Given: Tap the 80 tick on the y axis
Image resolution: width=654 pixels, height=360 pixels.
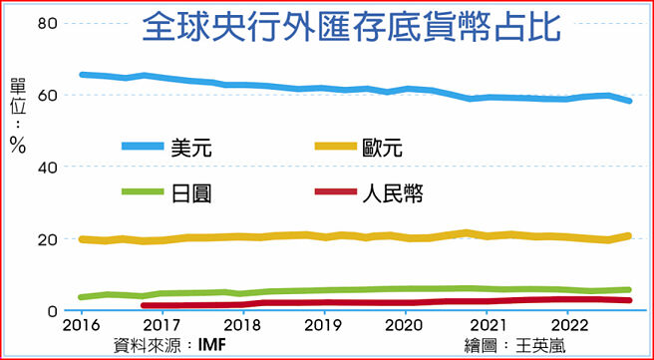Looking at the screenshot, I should click(47, 23).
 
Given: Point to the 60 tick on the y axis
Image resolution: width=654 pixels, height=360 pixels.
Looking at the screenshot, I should click(47, 95).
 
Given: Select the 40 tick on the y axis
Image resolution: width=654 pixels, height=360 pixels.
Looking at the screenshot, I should click(47, 167).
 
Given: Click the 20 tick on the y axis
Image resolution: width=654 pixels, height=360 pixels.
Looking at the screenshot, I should click(47, 239).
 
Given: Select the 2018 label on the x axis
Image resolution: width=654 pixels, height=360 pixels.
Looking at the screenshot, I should click(239, 326).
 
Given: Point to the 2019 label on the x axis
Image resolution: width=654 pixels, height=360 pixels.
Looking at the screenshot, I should click(321, 326).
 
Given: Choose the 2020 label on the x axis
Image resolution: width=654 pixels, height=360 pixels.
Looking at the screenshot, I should click(403, 326).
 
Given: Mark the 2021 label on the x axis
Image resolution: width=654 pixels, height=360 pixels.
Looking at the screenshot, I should click(485, 326).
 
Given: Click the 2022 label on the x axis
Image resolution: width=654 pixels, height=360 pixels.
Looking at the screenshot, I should click(566, 326).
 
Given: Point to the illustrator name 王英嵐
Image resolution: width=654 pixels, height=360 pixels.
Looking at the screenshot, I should click(550, 345).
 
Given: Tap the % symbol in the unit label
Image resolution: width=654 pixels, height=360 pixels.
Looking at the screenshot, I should click(17, 143).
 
